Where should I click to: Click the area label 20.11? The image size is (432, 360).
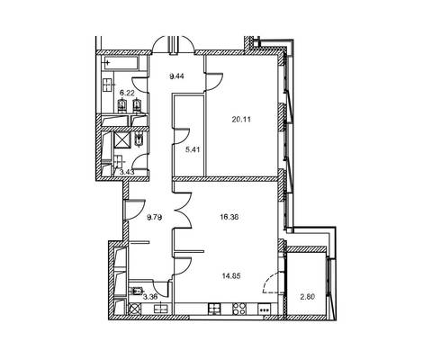[x=241, y=120]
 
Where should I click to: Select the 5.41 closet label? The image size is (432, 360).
[x=193, y=149]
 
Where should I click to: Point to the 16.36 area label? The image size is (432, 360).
[x=229, y=217]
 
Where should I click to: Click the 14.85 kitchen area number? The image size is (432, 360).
[x=231, y=275]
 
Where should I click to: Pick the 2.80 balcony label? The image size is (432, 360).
[x=308, y=297]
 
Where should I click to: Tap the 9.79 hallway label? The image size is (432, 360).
[x=155, y=217]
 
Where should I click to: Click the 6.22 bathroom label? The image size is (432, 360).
[x=127, y=93]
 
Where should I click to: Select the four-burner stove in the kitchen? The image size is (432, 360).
[x=239, y=309]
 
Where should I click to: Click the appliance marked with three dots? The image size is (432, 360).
[x=264, y=309]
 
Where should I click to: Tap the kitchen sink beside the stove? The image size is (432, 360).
[x=215, y=309]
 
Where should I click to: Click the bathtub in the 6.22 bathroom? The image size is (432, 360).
[x=121, y=63]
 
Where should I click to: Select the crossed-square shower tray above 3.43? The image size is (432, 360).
[x=121, y=140]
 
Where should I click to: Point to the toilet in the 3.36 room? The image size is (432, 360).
[x=136, y=291]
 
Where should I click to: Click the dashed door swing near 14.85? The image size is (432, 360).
[x=272, y=283]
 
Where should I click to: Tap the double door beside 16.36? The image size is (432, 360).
[x=183, y=211]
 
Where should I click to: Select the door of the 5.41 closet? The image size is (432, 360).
[x=182, y=136]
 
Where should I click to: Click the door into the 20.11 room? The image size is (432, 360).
[x=214, y=81]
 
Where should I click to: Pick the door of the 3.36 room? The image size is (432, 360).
[x=160, y=288]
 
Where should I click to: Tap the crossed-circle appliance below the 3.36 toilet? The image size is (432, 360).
[x=134, y=309]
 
